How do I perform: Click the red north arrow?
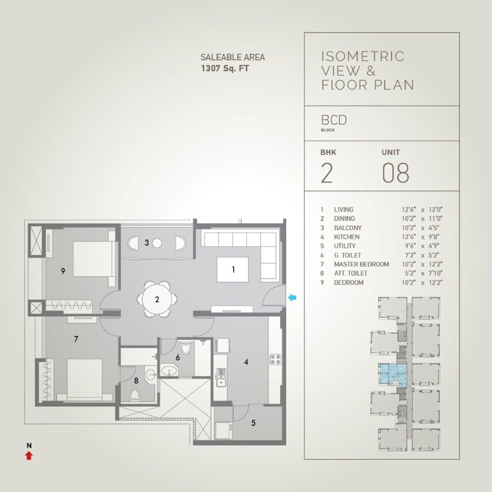(28, 455)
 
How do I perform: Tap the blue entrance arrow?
(293, 297)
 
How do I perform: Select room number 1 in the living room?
(233, 270)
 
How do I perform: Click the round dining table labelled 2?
(156, 299)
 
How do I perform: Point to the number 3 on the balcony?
(147, 242)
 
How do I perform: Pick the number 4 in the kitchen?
(246, 362)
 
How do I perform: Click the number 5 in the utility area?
(253, 423)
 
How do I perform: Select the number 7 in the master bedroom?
(76, 339)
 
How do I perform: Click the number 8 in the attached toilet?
(136, 381)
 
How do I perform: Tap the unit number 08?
(395, 174)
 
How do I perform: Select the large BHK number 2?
(327, 174)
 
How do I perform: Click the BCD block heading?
(335, 119)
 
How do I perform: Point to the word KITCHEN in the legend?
(347, 237)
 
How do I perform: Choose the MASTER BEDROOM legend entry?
(361, 265)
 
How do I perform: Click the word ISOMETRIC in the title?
(363, 56)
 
